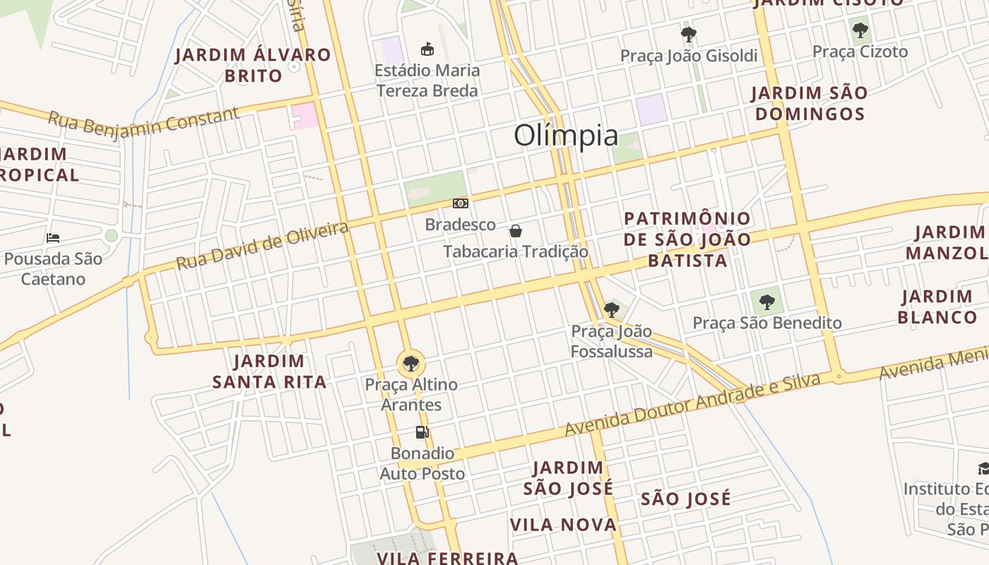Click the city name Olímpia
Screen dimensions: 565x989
pyautogui.click(x=566, y=135)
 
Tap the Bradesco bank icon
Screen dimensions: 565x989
pyautogui.click(x=461, y=203)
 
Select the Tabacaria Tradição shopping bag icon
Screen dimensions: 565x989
pyautogui.click(x=516, y=231)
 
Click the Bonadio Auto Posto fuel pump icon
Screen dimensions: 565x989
pyautogui.click(x=422, y=432)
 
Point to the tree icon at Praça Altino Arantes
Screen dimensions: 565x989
pyautogui.click(x=410, y=364)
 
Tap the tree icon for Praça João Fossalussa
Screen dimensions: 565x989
pyautogui.click(x=612, y=309)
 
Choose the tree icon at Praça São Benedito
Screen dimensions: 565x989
pyautogui.click(x=767, y=302)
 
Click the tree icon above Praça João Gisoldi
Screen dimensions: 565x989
pyautogui.click(x=689, y=34)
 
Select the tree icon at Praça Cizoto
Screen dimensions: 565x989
pyautogui.click(x=860, y=30)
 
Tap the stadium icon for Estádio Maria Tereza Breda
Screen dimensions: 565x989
pyautogui.click(x=427, y=49)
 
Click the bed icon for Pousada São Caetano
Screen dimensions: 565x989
pyautogui.click(x=53, y=238)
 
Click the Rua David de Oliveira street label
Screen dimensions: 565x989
pyautogui.click(x=262, y=245)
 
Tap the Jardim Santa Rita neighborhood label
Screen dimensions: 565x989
pyautogui.click(x=269, y=371)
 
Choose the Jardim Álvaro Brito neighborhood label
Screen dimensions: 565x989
pyautogui.click(x=253, y=65)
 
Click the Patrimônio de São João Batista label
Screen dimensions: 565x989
pyautogui.click(x=687, y=239)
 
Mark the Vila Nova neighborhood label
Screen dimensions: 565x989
pyautogui.click(x=564, y=525)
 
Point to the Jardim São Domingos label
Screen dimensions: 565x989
pyautogui.click(x=809, y=103)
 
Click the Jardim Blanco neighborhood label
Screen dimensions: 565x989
pyautogui.click(x=937, y=307)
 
